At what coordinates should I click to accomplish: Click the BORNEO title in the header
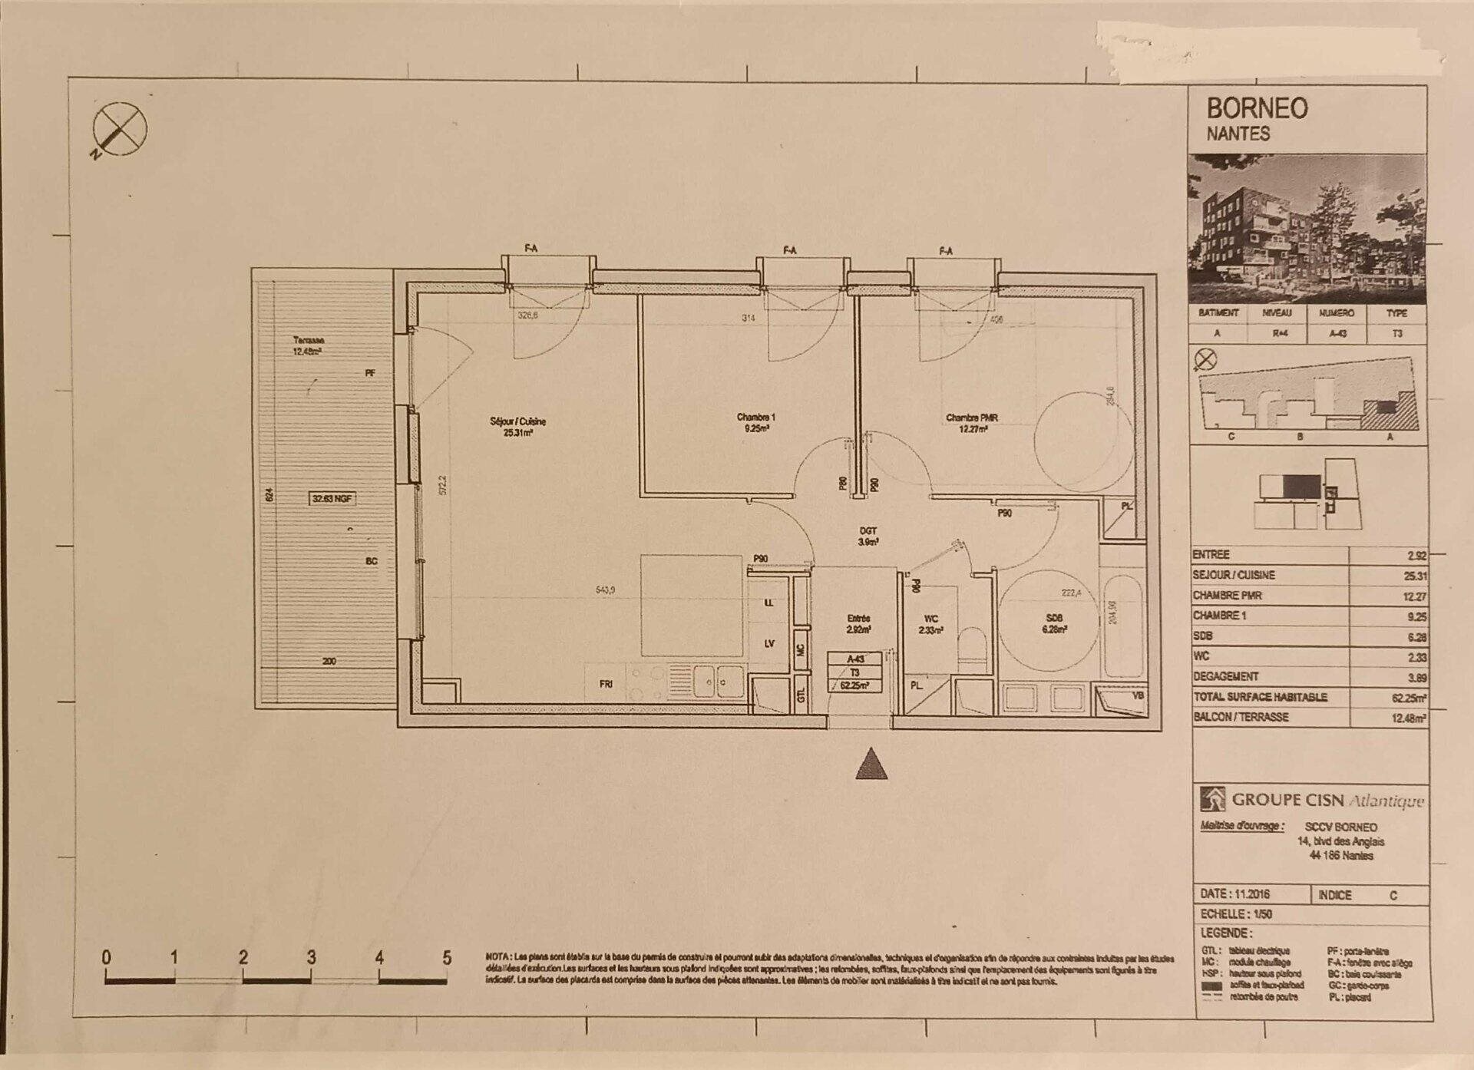[1257, 108]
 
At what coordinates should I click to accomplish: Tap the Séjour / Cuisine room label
[517, 427]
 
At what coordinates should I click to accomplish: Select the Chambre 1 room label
[755, 423]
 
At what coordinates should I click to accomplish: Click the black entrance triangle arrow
[871, 765]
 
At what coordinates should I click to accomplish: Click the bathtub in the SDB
[1122, 626]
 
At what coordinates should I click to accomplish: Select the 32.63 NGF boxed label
[332, 499]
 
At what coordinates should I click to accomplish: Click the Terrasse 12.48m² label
[307, 346]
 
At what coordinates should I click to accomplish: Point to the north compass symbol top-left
[120, 129]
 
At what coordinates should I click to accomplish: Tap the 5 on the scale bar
[447, 958]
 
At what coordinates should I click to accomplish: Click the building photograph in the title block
[1307, 228]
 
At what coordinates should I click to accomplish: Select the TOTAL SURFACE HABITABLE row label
[1260, 697]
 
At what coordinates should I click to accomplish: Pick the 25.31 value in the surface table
[1415, 576]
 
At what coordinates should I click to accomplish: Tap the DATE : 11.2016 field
[1234, 895]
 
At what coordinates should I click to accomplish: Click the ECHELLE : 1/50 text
[1236, 914]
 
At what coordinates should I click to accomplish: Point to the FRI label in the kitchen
[606, 684]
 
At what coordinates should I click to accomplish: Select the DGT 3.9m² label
[868, 536]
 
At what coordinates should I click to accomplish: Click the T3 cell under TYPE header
[1396, 334]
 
